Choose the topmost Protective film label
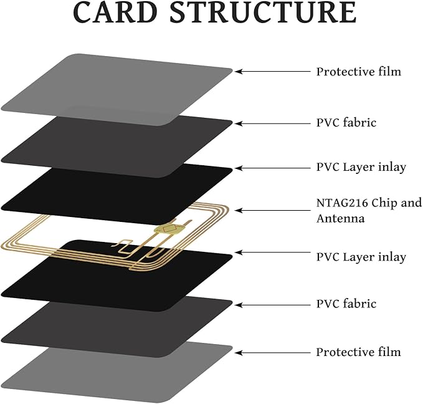[x=358, y=71]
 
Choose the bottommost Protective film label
[x=358, y=352]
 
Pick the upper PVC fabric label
[x=346, y=123]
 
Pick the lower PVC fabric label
[x=346, y=304]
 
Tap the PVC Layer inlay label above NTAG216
[x=361, y=168]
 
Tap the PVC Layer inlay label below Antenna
[x=361, y=257]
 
